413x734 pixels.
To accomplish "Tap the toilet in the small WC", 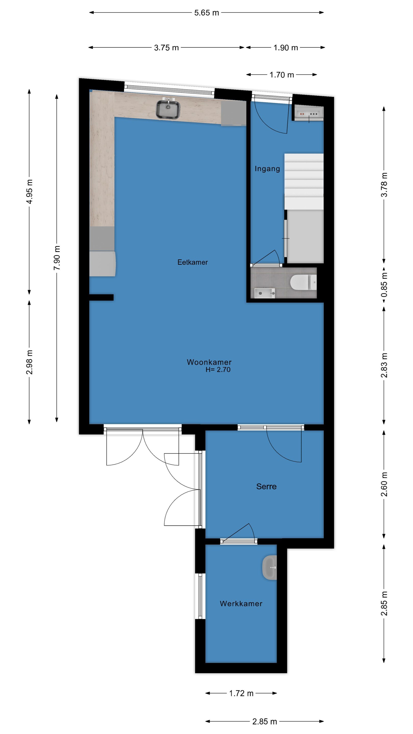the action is [x=303, y=282].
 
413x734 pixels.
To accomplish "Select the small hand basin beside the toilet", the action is [x=265, y=293].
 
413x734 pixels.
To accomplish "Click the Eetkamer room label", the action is [x=192, y=262].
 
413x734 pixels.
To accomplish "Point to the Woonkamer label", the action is [x=209, y=362].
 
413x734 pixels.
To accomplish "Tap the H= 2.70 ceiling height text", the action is [x=218, y=370].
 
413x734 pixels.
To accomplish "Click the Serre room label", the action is [x=266, y=486].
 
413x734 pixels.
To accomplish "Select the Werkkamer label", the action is [x=241, y=603].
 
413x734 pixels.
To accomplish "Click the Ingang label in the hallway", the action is [x=267, y=169].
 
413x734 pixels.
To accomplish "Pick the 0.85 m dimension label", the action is [x=384, y=284].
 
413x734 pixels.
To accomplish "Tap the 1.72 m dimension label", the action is [x=241, y=693].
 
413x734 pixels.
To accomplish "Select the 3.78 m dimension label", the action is [x=384, y=185].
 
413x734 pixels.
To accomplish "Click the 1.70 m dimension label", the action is [x=282, y=75].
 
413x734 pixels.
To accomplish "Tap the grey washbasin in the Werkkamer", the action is [x=269, y=567].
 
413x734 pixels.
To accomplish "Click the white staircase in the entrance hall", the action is [x=304, y=182].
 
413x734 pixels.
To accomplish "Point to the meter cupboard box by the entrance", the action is [x=309, y=113].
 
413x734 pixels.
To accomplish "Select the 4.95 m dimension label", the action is [x=29, y=191].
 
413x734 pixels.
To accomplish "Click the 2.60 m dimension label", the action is [x=384, y=484].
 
